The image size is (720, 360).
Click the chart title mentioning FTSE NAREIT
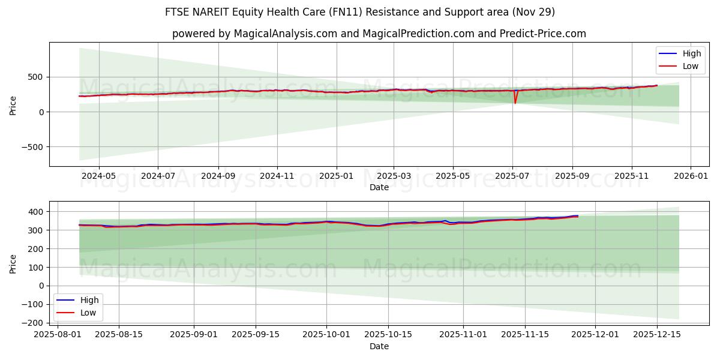pos(360,12)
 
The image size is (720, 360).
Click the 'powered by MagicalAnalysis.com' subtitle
pos(379,34)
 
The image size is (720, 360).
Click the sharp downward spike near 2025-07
pos(515,102)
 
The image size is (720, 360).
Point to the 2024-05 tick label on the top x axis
pos(98,176)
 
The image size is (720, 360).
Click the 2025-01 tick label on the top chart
pos(335,176)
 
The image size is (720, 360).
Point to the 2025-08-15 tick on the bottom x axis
pos(118,334)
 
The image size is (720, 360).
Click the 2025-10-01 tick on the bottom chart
pos(326,334)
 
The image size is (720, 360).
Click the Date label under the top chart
pos(379,187)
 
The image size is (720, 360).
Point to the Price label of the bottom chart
pos(13,263)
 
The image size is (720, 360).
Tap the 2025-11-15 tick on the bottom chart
pos(525,334)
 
